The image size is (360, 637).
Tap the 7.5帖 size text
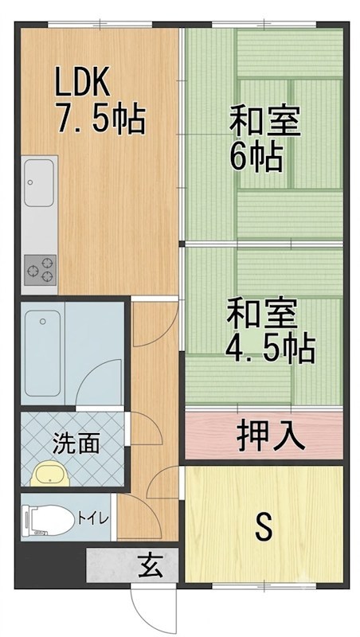[x=101, y=119]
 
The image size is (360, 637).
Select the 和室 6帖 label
[x=264, y=138]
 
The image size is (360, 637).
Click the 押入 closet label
[x=270, y=436]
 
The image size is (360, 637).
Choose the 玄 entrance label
[x=150, y=565]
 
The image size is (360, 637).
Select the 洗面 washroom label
[x=76, y=444]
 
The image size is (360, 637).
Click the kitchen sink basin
[x=39, y=182]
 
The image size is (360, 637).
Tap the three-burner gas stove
[x=40, y=270]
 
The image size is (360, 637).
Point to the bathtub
[x=43, y=353]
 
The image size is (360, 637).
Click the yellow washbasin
[x=51, y=473]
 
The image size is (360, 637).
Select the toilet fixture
[x=48, y=518]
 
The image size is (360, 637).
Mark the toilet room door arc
[x=145, y=510]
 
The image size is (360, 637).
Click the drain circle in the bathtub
[x=43, y=322]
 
